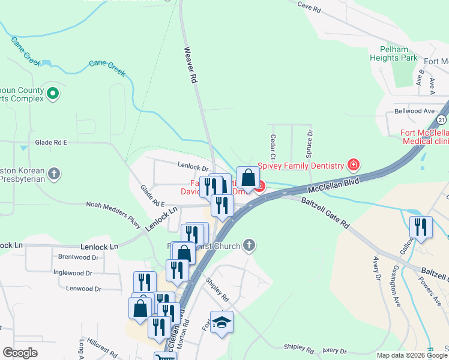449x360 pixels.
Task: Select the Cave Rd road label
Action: (309, 7)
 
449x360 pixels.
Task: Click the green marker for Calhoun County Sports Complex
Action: (53, 93)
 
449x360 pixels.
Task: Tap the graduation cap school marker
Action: (221, 322)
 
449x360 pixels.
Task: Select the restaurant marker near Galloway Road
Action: (421, 227)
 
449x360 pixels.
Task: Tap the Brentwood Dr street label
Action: (78, 257)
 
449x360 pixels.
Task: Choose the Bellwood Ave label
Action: (414, 111)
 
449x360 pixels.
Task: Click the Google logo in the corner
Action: (20, 353)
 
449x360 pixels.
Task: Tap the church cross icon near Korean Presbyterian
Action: (54, 175)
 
